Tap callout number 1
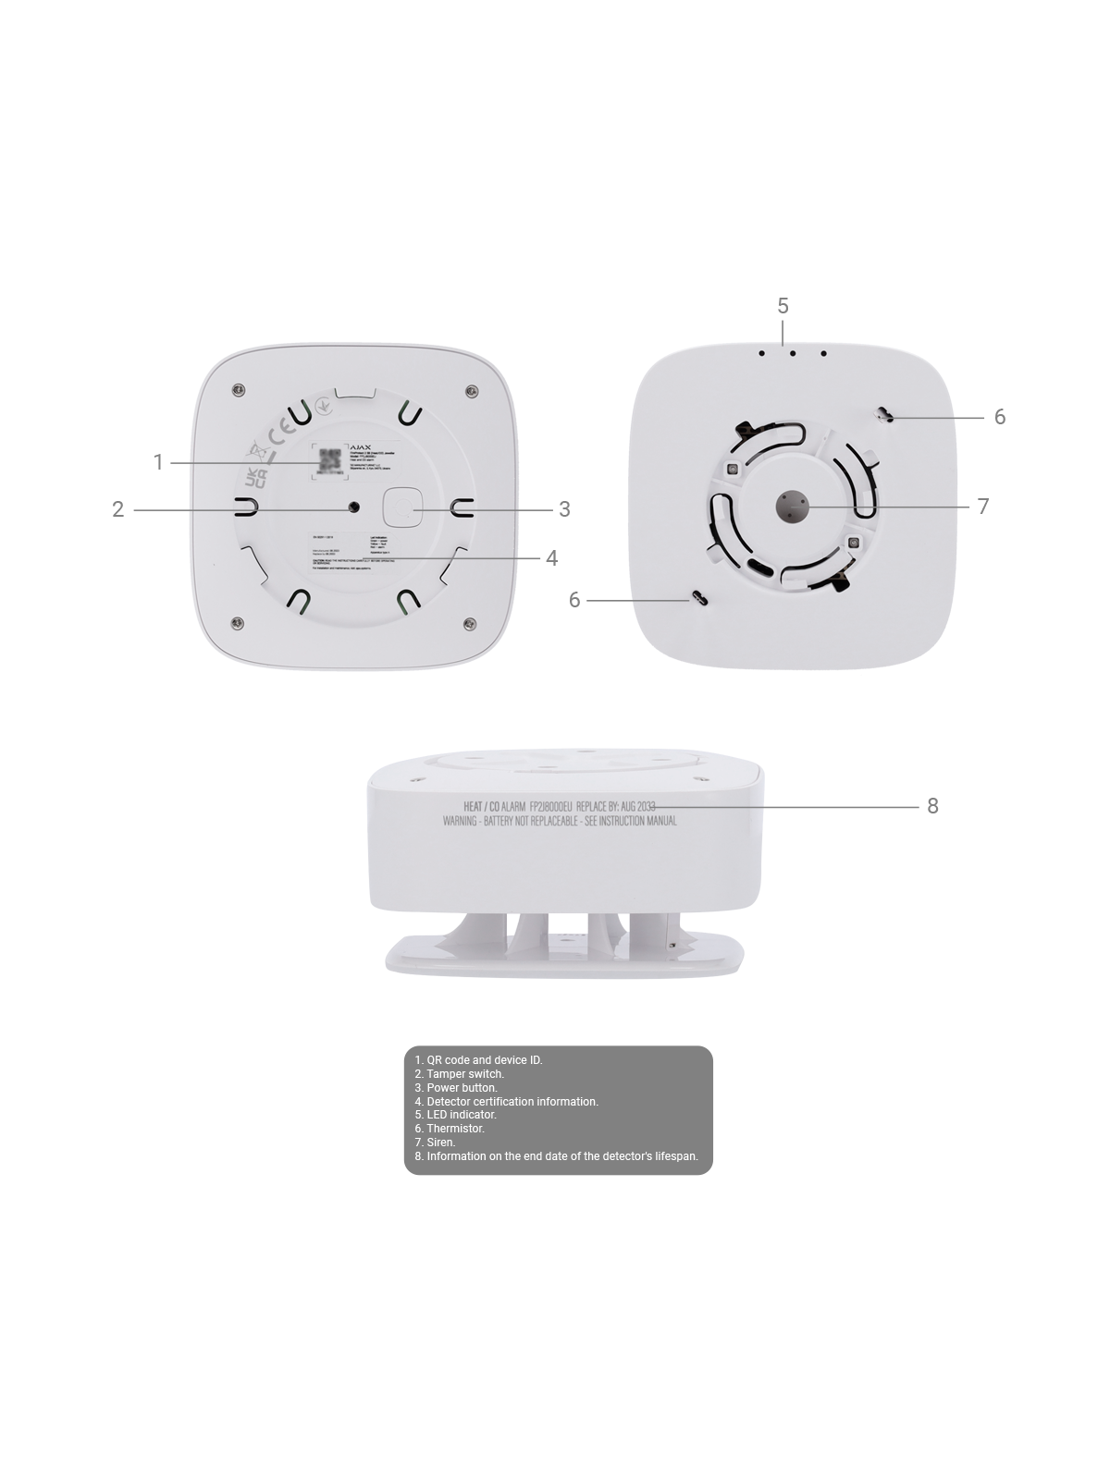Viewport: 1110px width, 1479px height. coord(159,461)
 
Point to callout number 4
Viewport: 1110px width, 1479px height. coord(551,557)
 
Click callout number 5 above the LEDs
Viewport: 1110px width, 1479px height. coord(783,306)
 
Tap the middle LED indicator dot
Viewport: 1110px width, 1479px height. coord(793,353)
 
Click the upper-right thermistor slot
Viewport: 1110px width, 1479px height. coord(885,415)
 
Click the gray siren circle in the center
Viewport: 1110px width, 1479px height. coord(791,506)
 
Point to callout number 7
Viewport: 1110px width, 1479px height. coord(983,507)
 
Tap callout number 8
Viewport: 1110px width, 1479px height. coord(932,806)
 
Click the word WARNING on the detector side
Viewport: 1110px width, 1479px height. coord(460,821)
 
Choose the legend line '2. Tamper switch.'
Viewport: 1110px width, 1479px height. coord(459,1074)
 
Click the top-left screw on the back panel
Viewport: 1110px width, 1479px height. coord(240,388)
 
